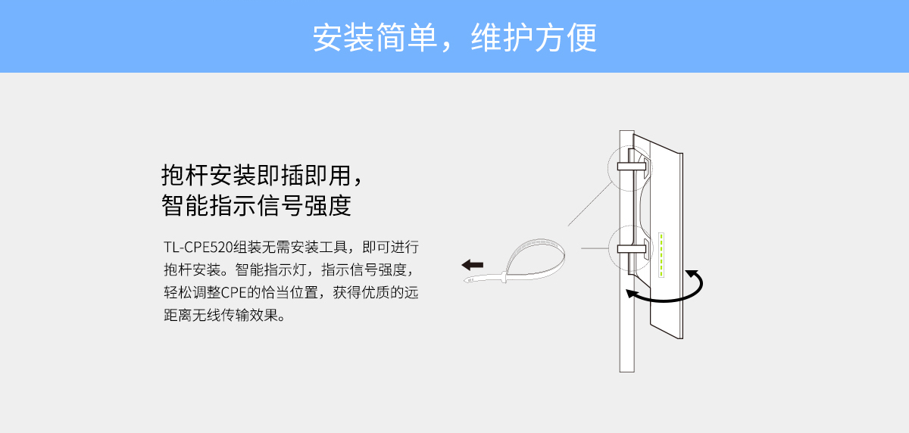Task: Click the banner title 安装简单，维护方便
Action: pyautogui.click(x=454, y=38)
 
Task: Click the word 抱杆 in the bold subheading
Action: pyautogui.click(x=185, y=175)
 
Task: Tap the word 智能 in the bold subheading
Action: pyautogui.click(x=185, y=205)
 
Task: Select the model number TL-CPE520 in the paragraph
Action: pyautogui.click(x=198, y=247)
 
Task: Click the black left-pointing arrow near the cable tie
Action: pyautogui.click(x=473, y=265)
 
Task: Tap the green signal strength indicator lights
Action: pyautogui.click(x=661, y=255)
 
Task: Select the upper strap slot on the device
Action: pyautogui.click(x=632, y=167)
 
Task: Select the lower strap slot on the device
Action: pyautogui.click(x=632, y=248)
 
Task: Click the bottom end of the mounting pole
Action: pyautogui.click(x=627, y=371)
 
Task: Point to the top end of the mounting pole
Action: pyautogui.click(x=627, y=132)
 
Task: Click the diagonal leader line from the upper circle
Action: pyautogui.click(x=590, y=204)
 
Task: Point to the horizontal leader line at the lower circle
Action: pyautogui.click(x=595, y=248)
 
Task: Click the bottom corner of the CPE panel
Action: pyautogui.click(x=682, y=338)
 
